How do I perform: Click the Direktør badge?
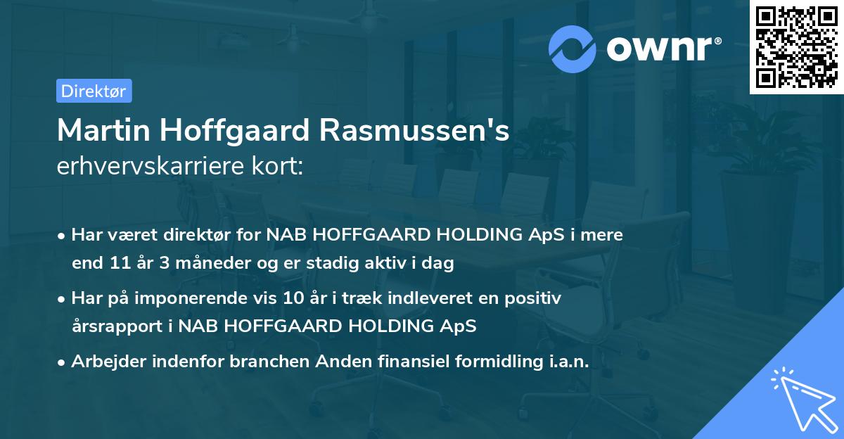pos(94,91)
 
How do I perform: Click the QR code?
pos(795,47)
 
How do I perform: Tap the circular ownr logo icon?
pos(573,48)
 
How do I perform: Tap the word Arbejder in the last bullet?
pos(104,361)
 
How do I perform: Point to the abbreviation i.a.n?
pos(569,361)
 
